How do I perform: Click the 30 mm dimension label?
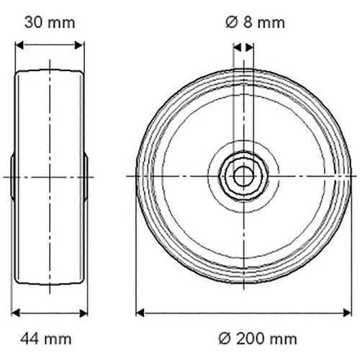tap(50, 23)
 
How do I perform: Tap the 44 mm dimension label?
tap(46, 339)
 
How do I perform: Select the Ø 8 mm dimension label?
tap(256, 22)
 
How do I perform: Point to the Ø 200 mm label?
tap(258, 339)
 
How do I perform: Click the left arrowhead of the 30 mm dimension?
tap(19, 45)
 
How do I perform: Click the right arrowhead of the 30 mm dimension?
tap(79, 45)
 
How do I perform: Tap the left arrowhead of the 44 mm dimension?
tap(16, 313)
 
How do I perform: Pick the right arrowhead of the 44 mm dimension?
tap(84, 313)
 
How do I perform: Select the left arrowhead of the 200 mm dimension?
tap(140, 313)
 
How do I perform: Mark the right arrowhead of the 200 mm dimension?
tap(347, 313)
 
